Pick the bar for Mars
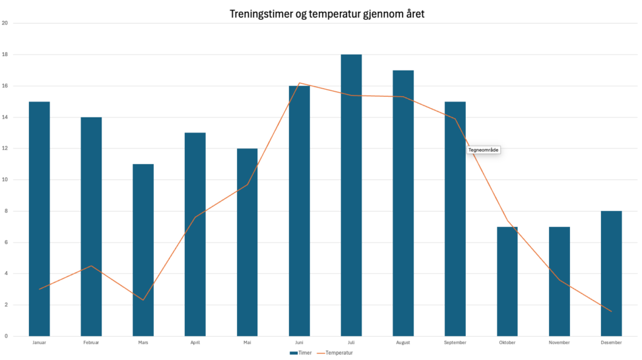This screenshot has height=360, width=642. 143,250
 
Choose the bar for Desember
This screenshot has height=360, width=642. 611,274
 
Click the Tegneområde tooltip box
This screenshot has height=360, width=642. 484,150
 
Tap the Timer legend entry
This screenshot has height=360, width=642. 301,353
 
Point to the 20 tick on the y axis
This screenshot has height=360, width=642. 5,23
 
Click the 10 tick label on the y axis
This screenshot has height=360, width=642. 5,179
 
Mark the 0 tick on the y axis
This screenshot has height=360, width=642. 5,336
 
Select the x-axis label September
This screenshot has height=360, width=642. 455,343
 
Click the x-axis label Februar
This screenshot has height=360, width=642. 91,343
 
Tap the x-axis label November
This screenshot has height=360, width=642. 559,343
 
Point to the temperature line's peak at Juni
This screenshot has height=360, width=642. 300,83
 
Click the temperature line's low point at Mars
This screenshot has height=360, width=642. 143,300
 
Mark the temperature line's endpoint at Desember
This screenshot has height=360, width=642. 611,311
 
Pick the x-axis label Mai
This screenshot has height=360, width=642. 247,343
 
